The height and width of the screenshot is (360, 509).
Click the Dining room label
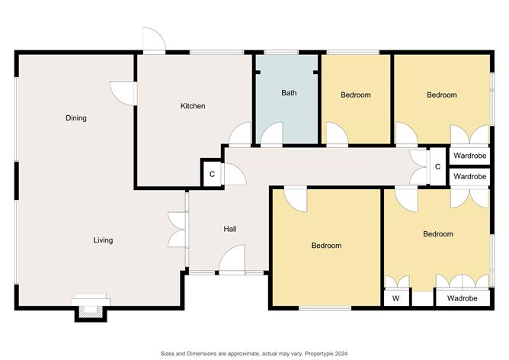click(75, 118)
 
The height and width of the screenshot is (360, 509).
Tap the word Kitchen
click(192, 106)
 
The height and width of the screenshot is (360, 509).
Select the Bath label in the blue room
click(289, 93)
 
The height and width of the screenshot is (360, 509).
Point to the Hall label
click(229, 229)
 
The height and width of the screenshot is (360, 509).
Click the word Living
click(103, 240)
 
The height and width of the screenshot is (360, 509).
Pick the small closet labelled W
click(395, 298)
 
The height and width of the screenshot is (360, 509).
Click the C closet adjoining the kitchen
click(212, 174)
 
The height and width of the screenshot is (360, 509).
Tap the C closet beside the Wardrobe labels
click(437, 166)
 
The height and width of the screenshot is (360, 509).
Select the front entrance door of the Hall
click(232, 262)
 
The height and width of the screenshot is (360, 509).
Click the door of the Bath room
click(272, 135)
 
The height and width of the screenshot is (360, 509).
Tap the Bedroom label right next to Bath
click(355, 95)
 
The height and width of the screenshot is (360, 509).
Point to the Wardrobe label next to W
click(462, 298)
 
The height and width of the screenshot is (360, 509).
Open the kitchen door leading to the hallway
click(241, 135)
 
